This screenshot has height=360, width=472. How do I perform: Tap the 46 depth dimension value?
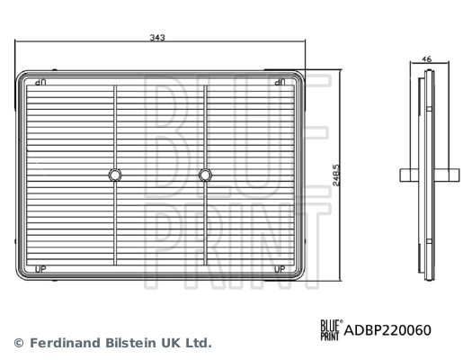click(x=427, y=59)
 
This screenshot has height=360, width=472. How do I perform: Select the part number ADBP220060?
click(x=387, y=329)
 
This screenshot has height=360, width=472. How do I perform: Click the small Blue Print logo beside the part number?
click(x=330, y=329)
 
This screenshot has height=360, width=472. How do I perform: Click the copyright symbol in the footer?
click(x=18, y=343)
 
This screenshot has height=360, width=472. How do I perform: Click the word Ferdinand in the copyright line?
click(x=63, y=343)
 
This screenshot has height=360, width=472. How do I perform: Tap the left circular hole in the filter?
click(x=114, y=175)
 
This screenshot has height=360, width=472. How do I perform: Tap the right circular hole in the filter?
click(x=205, y=175)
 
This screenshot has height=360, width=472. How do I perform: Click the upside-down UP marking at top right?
click(x=280, y=83)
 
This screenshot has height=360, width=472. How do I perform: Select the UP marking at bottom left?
click(x=40, y=268)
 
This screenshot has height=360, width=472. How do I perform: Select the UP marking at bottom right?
click(x=280, y=268)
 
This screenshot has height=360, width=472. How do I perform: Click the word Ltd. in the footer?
click(x=199, y=343)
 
